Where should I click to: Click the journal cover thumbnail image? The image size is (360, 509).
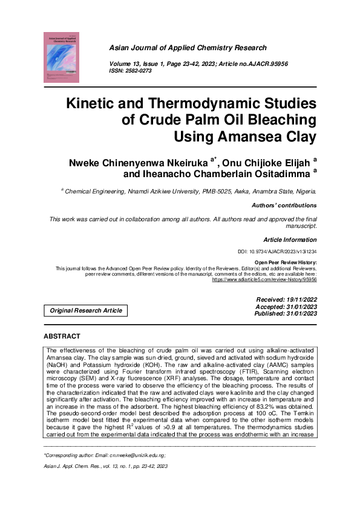point(61,57)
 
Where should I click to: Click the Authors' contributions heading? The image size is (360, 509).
point(283,206)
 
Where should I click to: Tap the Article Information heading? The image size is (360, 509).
point(290,240)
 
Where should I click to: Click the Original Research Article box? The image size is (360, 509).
point(86,311)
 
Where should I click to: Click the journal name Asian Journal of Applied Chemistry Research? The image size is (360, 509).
point(188,47)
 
